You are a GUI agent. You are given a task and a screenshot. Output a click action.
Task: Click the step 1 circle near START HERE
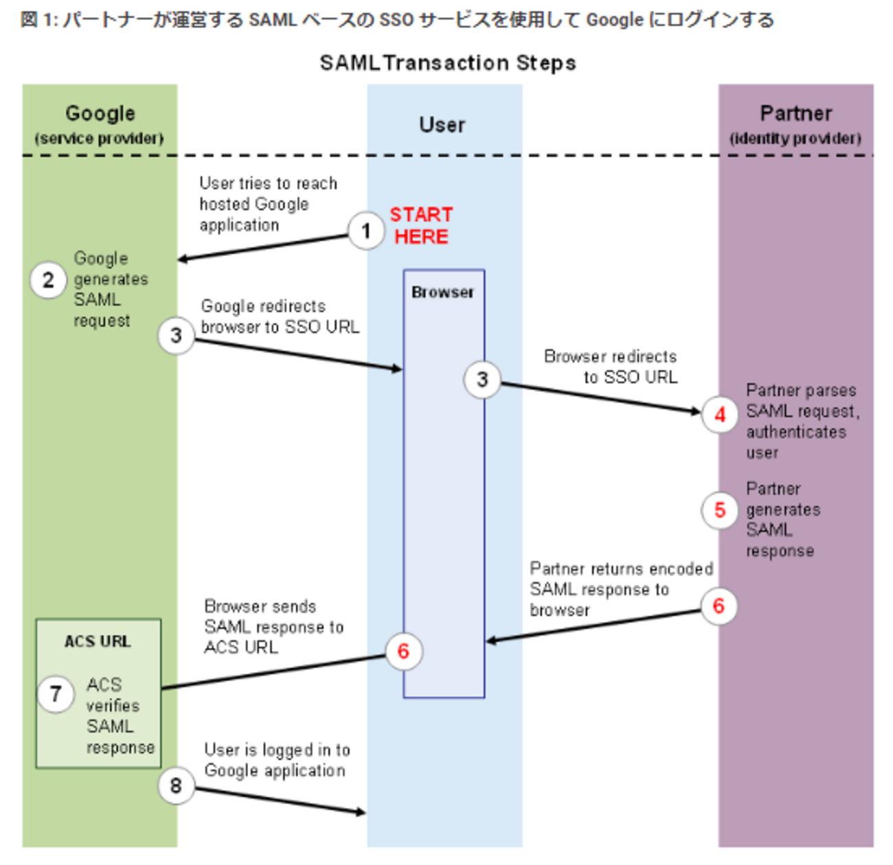pyautogui.click(x=365, y=231)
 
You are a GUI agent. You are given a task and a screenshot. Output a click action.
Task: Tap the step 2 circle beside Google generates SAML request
pyautogui.click(x=48, y=280)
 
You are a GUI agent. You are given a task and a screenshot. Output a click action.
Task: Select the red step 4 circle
pyautogui.click(x=720, y=415)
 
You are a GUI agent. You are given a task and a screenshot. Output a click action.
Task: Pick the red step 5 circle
pyautogui.click(x=720, y=510)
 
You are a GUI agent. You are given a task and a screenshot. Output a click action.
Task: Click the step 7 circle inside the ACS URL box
pyautogui.click(x=56, y=694)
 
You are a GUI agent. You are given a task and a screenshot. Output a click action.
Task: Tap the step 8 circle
pyautogui.click(x=176, y=785)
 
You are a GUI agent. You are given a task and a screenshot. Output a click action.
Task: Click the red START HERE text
pyautogui.click(x=421, y=225)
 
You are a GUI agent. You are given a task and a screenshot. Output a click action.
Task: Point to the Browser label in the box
pyautogui.click(x=442, y=292)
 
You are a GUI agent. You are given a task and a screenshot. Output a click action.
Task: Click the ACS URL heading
pyautogui.click(x=98, y=641)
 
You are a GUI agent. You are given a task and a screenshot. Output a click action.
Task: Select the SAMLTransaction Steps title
pyautogui.click(x=447, y=63)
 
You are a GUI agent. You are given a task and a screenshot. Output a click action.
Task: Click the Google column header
pyautogui.click(x=100, y=113)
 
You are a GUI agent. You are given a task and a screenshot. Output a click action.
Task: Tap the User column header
pyautogui.click(x=442, y=125)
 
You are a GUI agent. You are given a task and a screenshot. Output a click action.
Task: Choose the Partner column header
pyautogui.click(x=795, y=113)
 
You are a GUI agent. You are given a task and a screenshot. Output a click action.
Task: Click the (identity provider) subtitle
pyautogui.click(x=795, y=139)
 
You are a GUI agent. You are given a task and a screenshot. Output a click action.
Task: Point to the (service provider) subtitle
pyautogui.click(x=100, y=139)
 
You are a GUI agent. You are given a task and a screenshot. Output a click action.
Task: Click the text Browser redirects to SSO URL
pyautogui.click(x=611, y=367)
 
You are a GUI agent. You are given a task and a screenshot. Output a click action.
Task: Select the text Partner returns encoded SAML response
pyautogui.click(x=620, y=588)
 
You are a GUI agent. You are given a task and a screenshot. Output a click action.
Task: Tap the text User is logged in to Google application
pyautogui.click(x=276, y=760)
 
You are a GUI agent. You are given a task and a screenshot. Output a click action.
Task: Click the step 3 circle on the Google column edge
pyautogui.click(x=176, y=335)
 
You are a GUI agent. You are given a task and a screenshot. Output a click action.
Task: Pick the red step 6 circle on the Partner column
pyautogui.click(x=719, y=605)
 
